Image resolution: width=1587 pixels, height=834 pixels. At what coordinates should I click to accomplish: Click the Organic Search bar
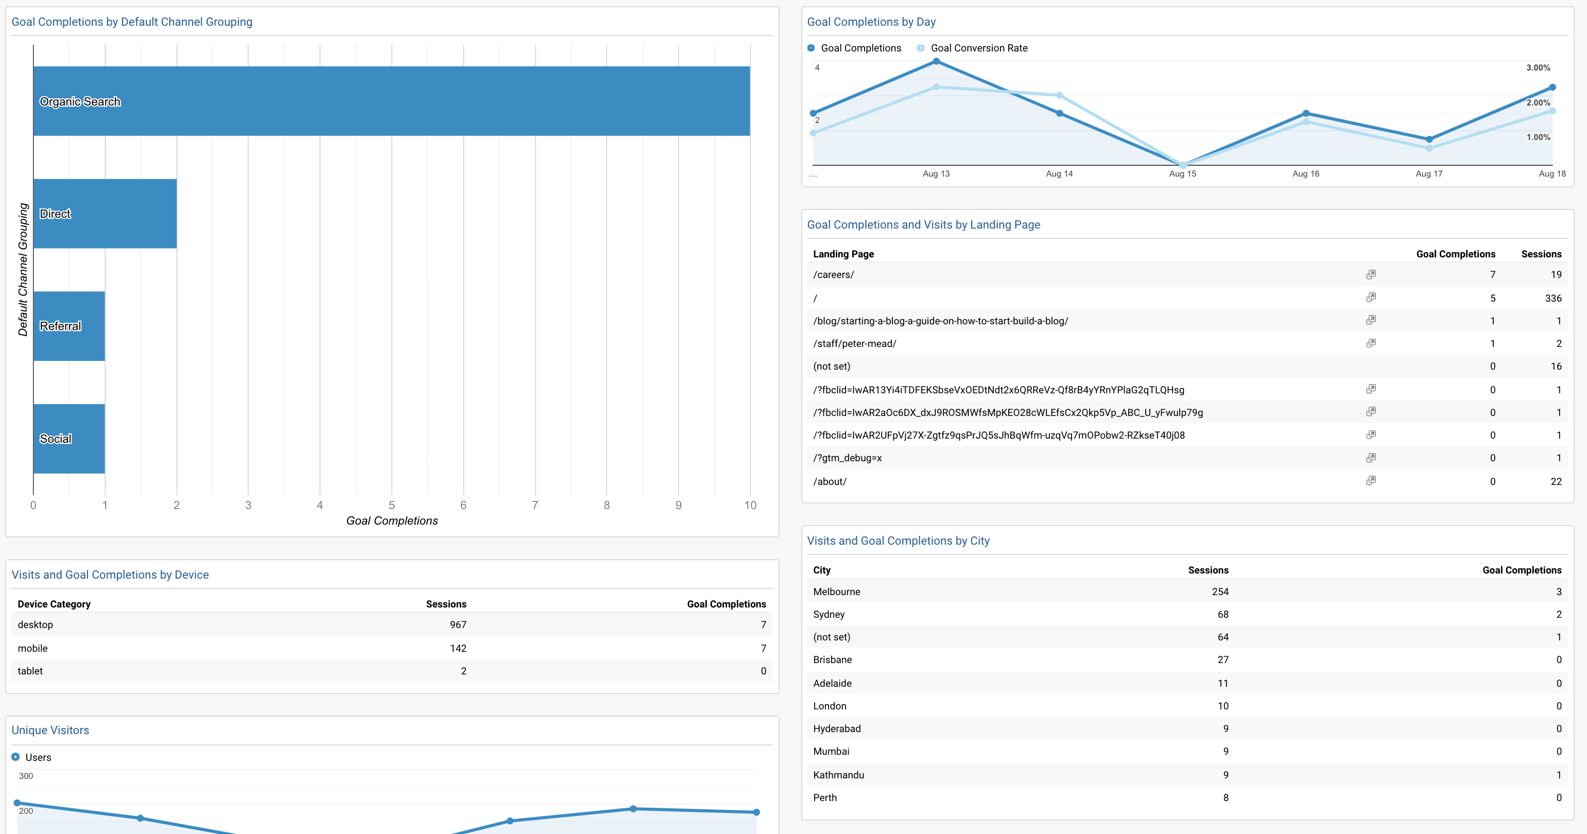coord(392,101)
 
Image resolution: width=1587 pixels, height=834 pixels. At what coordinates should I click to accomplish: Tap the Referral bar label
coord(60,326)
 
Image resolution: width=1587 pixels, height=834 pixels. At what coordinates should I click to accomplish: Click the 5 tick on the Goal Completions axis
coord(392,505)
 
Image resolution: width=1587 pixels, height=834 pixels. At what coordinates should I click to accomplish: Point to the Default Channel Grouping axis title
coord(23,270)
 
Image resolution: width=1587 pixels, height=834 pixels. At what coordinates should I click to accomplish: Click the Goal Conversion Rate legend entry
coord(978,48)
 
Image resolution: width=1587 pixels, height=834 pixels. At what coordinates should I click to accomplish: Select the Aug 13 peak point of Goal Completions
coord(937,61)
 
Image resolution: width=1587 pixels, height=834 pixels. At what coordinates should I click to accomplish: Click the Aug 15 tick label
coord(1182,173)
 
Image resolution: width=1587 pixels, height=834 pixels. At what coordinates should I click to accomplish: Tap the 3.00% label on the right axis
coord(1538,68)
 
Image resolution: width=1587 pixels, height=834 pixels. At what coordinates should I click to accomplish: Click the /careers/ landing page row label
coord(834,275)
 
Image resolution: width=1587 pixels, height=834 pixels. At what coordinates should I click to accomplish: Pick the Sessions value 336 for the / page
coord(1553,298)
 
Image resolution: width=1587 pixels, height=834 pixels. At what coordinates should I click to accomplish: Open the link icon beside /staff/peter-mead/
coord(1371,343)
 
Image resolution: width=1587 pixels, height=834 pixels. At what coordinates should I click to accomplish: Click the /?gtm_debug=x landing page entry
coord(847,458)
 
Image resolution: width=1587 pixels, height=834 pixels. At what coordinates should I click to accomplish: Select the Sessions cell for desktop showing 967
coord(458,624)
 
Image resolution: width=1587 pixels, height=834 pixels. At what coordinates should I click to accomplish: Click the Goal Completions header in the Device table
coord(727,604)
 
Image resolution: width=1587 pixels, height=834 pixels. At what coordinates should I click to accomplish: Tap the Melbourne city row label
coord(837,592)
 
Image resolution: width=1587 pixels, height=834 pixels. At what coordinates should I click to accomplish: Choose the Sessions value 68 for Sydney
coord(1222,615)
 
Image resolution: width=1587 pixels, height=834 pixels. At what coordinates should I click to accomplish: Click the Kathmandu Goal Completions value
coord(1559,775)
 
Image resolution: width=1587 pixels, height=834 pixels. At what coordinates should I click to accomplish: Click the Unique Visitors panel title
coord(50,731)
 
